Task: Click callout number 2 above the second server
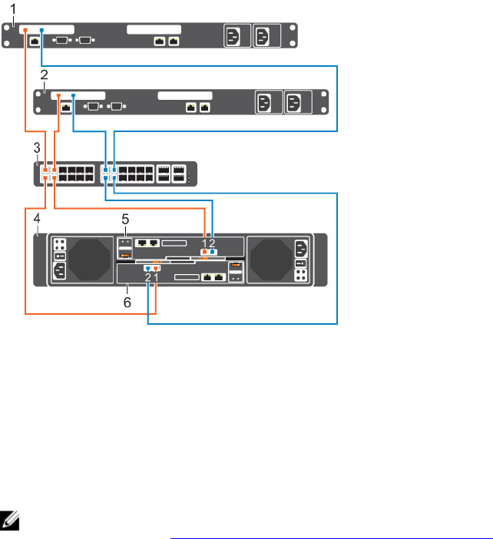pyautogui.click(x=44, y=75)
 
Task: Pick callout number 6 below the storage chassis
pyautogui.click(x=127, y=303)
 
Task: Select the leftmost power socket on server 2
pyautogui.click(x=264, y=102)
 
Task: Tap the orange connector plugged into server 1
pyautogui.click(x=26, y=31)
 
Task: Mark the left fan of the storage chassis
pyautogui.click(x=91, y=260)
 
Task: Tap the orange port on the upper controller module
pyautogui.click(x=204, y=250)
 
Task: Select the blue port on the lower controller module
pyautogui.click(x=147, y=269)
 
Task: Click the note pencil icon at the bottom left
pyautogui.click(x=10, y=519)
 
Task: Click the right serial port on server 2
pyautogui.click(x=117, y=105)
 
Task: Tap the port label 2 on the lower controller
pyautogui.click(x=147, y=276)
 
